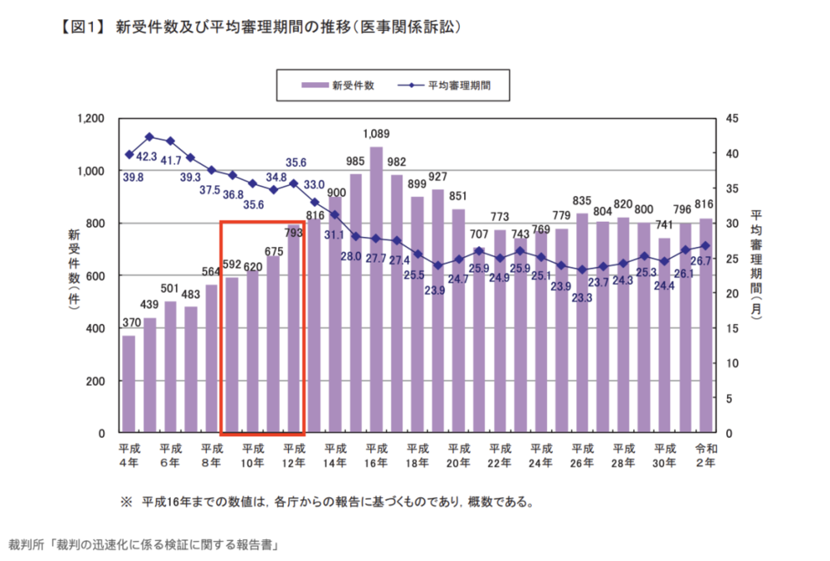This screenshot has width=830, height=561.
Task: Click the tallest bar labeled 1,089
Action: click(x=376, y=291)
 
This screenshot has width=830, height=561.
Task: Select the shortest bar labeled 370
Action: click(x=129, y=384)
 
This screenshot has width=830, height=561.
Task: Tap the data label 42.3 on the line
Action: click(x=146, y=155)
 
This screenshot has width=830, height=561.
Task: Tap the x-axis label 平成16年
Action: click(x=376, y=455)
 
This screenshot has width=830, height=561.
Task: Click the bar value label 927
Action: click(x=438, y=177)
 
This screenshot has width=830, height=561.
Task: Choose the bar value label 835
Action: click(x=582, y=200)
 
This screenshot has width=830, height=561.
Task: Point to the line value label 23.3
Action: click(x=581, y=297)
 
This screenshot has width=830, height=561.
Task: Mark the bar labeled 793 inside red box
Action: click(x=294, y=329)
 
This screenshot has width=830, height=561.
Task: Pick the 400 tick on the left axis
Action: click(x=96, y=328)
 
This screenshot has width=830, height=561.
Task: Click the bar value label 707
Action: click(x=479, y=235)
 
